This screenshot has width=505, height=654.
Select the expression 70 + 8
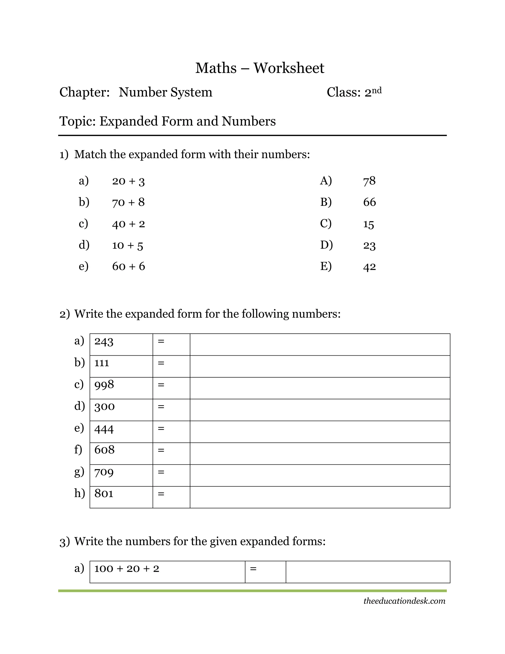(128, 202)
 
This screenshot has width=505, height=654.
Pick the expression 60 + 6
(128, 266)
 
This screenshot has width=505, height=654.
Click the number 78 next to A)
(369, 181)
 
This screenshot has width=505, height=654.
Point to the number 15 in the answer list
(369, 224)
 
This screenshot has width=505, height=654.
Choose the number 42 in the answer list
(369, 267)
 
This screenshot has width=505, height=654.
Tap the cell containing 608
(121, 453)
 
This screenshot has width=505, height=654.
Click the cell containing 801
(121, 497)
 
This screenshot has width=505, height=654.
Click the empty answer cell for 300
(320, 410)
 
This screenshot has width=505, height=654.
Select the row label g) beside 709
(79, 472)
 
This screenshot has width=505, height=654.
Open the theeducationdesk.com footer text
(404, 601)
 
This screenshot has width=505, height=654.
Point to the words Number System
(165, 92)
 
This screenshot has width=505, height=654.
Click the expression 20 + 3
(128, 181)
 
